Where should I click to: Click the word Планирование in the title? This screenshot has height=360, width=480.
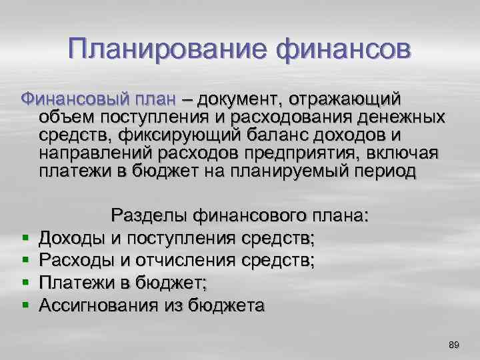[160, 49]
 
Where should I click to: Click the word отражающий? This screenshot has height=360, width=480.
[346, 99]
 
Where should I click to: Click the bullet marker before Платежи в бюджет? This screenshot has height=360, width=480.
[24, 282]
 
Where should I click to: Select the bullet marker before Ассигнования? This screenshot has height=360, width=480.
[24, 305]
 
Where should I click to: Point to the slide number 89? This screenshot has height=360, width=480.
[454, 344]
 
